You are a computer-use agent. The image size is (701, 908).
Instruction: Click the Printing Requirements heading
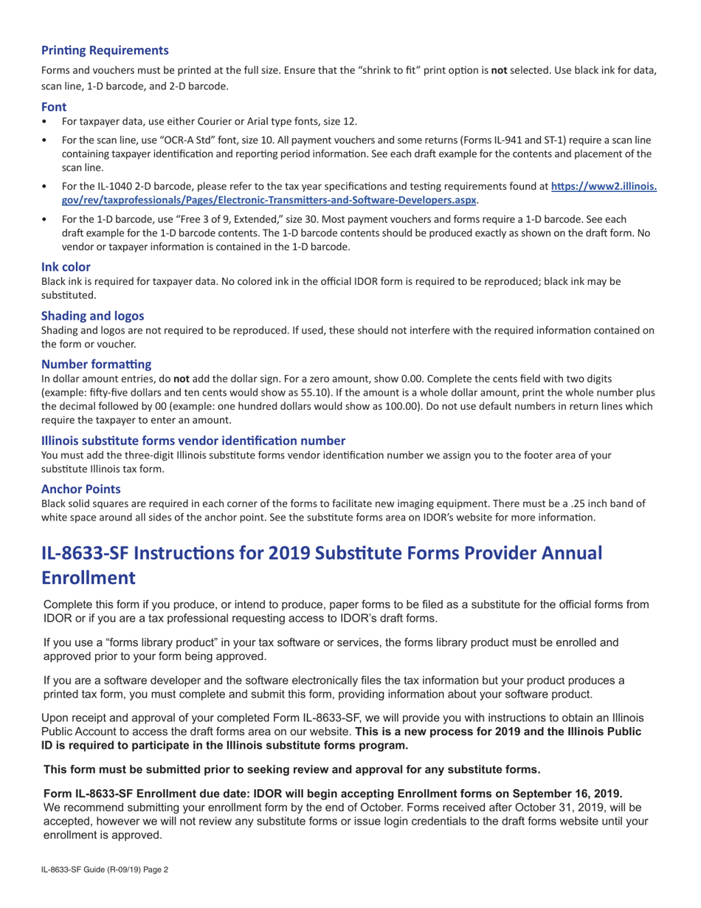[105, 50]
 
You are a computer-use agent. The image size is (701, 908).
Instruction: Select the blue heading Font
[54, 106]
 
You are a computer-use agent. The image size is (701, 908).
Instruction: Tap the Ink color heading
[66, 266]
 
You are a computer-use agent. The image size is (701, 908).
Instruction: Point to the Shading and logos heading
[92, 315]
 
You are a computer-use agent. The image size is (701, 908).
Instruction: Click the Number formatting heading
[96, 364]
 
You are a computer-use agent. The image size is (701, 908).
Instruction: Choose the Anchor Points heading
[81, 489]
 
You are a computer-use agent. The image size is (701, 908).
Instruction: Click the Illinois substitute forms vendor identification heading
[193, 440]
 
